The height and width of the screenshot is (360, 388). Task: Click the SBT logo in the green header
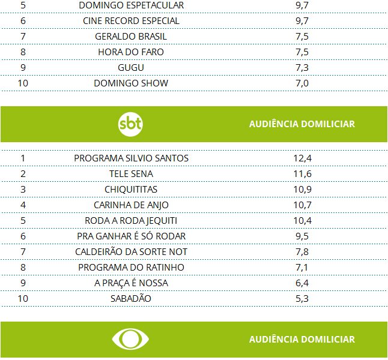tap(131, 124)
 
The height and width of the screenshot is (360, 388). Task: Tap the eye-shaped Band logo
tap(131, 339)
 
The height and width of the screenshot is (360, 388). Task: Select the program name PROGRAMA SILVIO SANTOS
tap(131, 158)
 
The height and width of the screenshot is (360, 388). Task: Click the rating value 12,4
tap(302, 158)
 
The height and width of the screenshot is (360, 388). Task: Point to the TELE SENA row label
tap(131, 174)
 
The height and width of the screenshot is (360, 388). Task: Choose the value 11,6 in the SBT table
tap(302, 174)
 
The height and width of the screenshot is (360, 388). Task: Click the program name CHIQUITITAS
tap(131, 190)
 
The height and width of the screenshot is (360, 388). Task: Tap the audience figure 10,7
tap(302, 205)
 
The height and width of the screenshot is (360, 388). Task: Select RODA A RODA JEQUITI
tap(131, 221)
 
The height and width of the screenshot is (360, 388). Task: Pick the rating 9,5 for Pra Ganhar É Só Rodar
tap(302, 236)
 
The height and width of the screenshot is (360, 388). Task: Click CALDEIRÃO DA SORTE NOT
tap(131, 252)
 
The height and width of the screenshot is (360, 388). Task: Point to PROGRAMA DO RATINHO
tap(131, 268)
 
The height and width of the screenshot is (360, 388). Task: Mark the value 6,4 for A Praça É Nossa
tap(302, 283)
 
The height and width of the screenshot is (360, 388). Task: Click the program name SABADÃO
tap(131, 299)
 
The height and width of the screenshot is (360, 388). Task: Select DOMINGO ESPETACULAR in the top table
tap(131, 5)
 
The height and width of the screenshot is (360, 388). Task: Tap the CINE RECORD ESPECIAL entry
tap(131, 21)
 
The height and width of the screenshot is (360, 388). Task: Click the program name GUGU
tap(131, 68)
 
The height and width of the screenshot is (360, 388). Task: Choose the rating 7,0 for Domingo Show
tap(302, 83)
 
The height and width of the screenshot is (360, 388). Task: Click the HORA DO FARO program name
tap(131, 52)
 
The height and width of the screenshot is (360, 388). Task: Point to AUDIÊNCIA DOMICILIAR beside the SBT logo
tap(302, 124)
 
